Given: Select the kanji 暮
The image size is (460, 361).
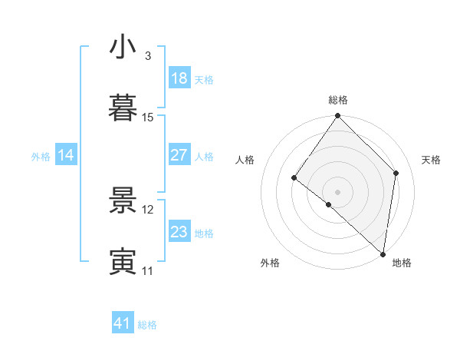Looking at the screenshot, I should tap(123, 108).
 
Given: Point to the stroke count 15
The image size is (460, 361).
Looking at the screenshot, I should tap(148, 118).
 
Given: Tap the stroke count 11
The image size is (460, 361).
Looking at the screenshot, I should tap(148, 271).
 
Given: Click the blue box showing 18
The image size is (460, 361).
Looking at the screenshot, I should tap(179, 78).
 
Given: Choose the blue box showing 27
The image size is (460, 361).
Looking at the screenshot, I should tap(179, 155).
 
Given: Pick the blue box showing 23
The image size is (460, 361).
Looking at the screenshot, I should tap(179, 232).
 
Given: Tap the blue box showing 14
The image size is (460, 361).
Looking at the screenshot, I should tap(66, 155).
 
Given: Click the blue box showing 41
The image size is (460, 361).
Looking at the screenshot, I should tap(123, 323).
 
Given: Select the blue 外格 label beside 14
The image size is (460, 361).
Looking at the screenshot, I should tap(41, 157).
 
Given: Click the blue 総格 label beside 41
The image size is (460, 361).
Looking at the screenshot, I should tap(147, 325).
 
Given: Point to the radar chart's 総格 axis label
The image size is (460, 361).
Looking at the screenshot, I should tap(338, 100).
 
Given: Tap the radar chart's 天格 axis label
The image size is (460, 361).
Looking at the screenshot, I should tap(432, 160).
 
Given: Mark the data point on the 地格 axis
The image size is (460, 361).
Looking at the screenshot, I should tap(383, 253).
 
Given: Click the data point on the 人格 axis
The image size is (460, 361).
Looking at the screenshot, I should tap(294, 178).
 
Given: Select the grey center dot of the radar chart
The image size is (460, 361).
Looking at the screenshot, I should tap(337, 191).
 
